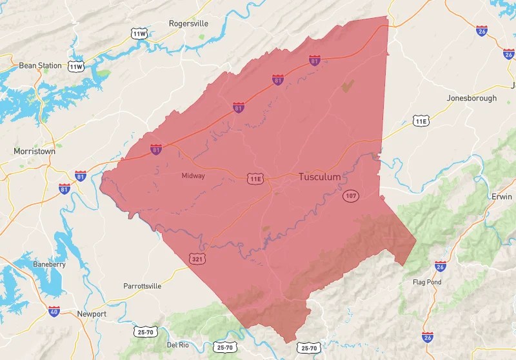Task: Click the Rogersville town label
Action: coord(189,23)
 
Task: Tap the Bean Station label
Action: coord(40,65)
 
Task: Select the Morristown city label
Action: coord(34,151)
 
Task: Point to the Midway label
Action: coord(193,175)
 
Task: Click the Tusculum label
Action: coord(319,177)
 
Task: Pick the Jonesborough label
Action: coord(471,98)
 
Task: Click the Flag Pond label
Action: coord(427,282)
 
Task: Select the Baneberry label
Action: coord(50,265)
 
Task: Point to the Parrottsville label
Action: coord(146,286)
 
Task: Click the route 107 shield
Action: coord(351,195)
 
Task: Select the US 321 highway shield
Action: coord(197,259)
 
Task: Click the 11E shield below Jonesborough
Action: coord(421,121)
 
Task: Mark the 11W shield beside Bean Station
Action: coord(76,66)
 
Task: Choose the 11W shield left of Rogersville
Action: coord(139,33)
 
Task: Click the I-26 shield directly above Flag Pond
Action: coord(441,266)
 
